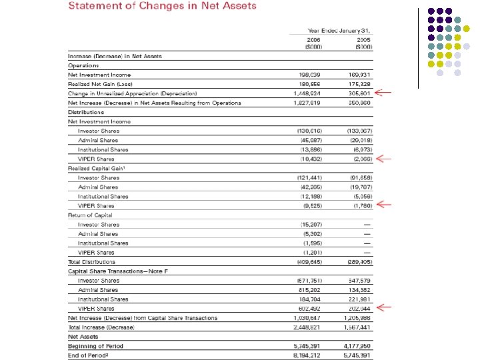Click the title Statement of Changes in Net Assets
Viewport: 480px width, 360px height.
tap(162, 6)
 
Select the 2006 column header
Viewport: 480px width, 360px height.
tap(313, 42)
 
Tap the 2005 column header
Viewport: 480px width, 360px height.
tap(363, 42)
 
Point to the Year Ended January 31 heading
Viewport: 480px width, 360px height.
tap(339, 31)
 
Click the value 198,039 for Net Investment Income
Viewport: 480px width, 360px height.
tap(312, 75)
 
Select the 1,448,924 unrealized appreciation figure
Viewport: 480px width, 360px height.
tap(309, 94)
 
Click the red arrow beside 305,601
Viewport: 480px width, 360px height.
tap(385, 93)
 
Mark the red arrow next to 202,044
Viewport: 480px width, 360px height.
tap(385, 309)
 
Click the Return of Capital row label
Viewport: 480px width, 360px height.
tap(90, 215)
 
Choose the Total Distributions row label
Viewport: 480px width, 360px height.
tap(91, 262)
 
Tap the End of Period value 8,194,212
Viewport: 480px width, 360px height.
tap(309, 356)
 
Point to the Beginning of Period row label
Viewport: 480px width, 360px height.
tap(95, 347)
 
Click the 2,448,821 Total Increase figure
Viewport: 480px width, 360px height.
tap(309, 328)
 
